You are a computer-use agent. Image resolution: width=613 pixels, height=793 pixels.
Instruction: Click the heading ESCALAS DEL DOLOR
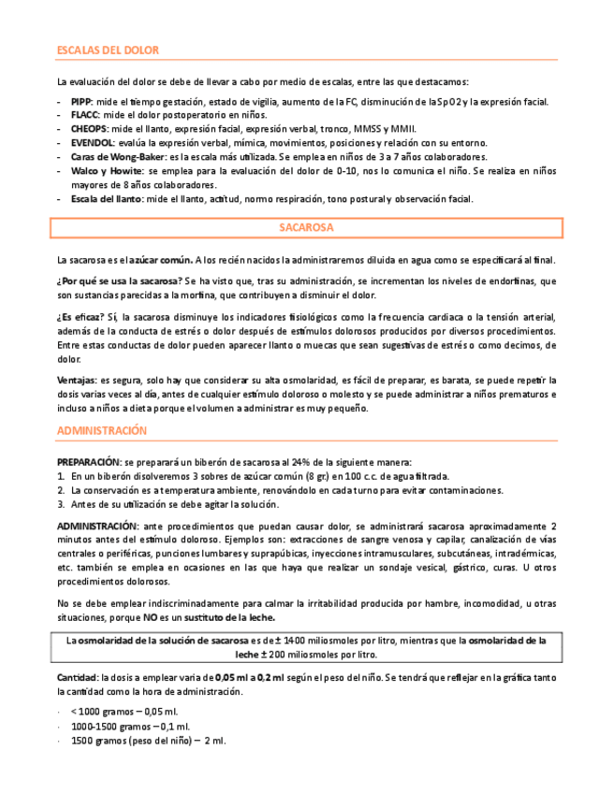[109, 50]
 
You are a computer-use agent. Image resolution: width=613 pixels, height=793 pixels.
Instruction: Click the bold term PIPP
[80, 102]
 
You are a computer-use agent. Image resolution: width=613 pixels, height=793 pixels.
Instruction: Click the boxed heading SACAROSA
[306, 228]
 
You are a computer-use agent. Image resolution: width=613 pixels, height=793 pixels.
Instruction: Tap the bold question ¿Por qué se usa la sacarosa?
[119, 281]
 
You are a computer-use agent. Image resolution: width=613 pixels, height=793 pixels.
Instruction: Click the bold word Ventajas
[77, 381]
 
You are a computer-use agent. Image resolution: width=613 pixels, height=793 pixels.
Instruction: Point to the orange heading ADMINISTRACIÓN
[102, 430]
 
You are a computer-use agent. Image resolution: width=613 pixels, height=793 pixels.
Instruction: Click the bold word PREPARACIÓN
[88, 462]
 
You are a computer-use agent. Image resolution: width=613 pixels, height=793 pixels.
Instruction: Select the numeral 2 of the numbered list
[61, 490]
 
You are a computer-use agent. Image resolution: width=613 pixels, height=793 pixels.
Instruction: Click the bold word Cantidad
[77, 676]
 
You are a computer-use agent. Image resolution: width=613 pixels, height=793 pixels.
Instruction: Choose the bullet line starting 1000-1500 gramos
[130, 727]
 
